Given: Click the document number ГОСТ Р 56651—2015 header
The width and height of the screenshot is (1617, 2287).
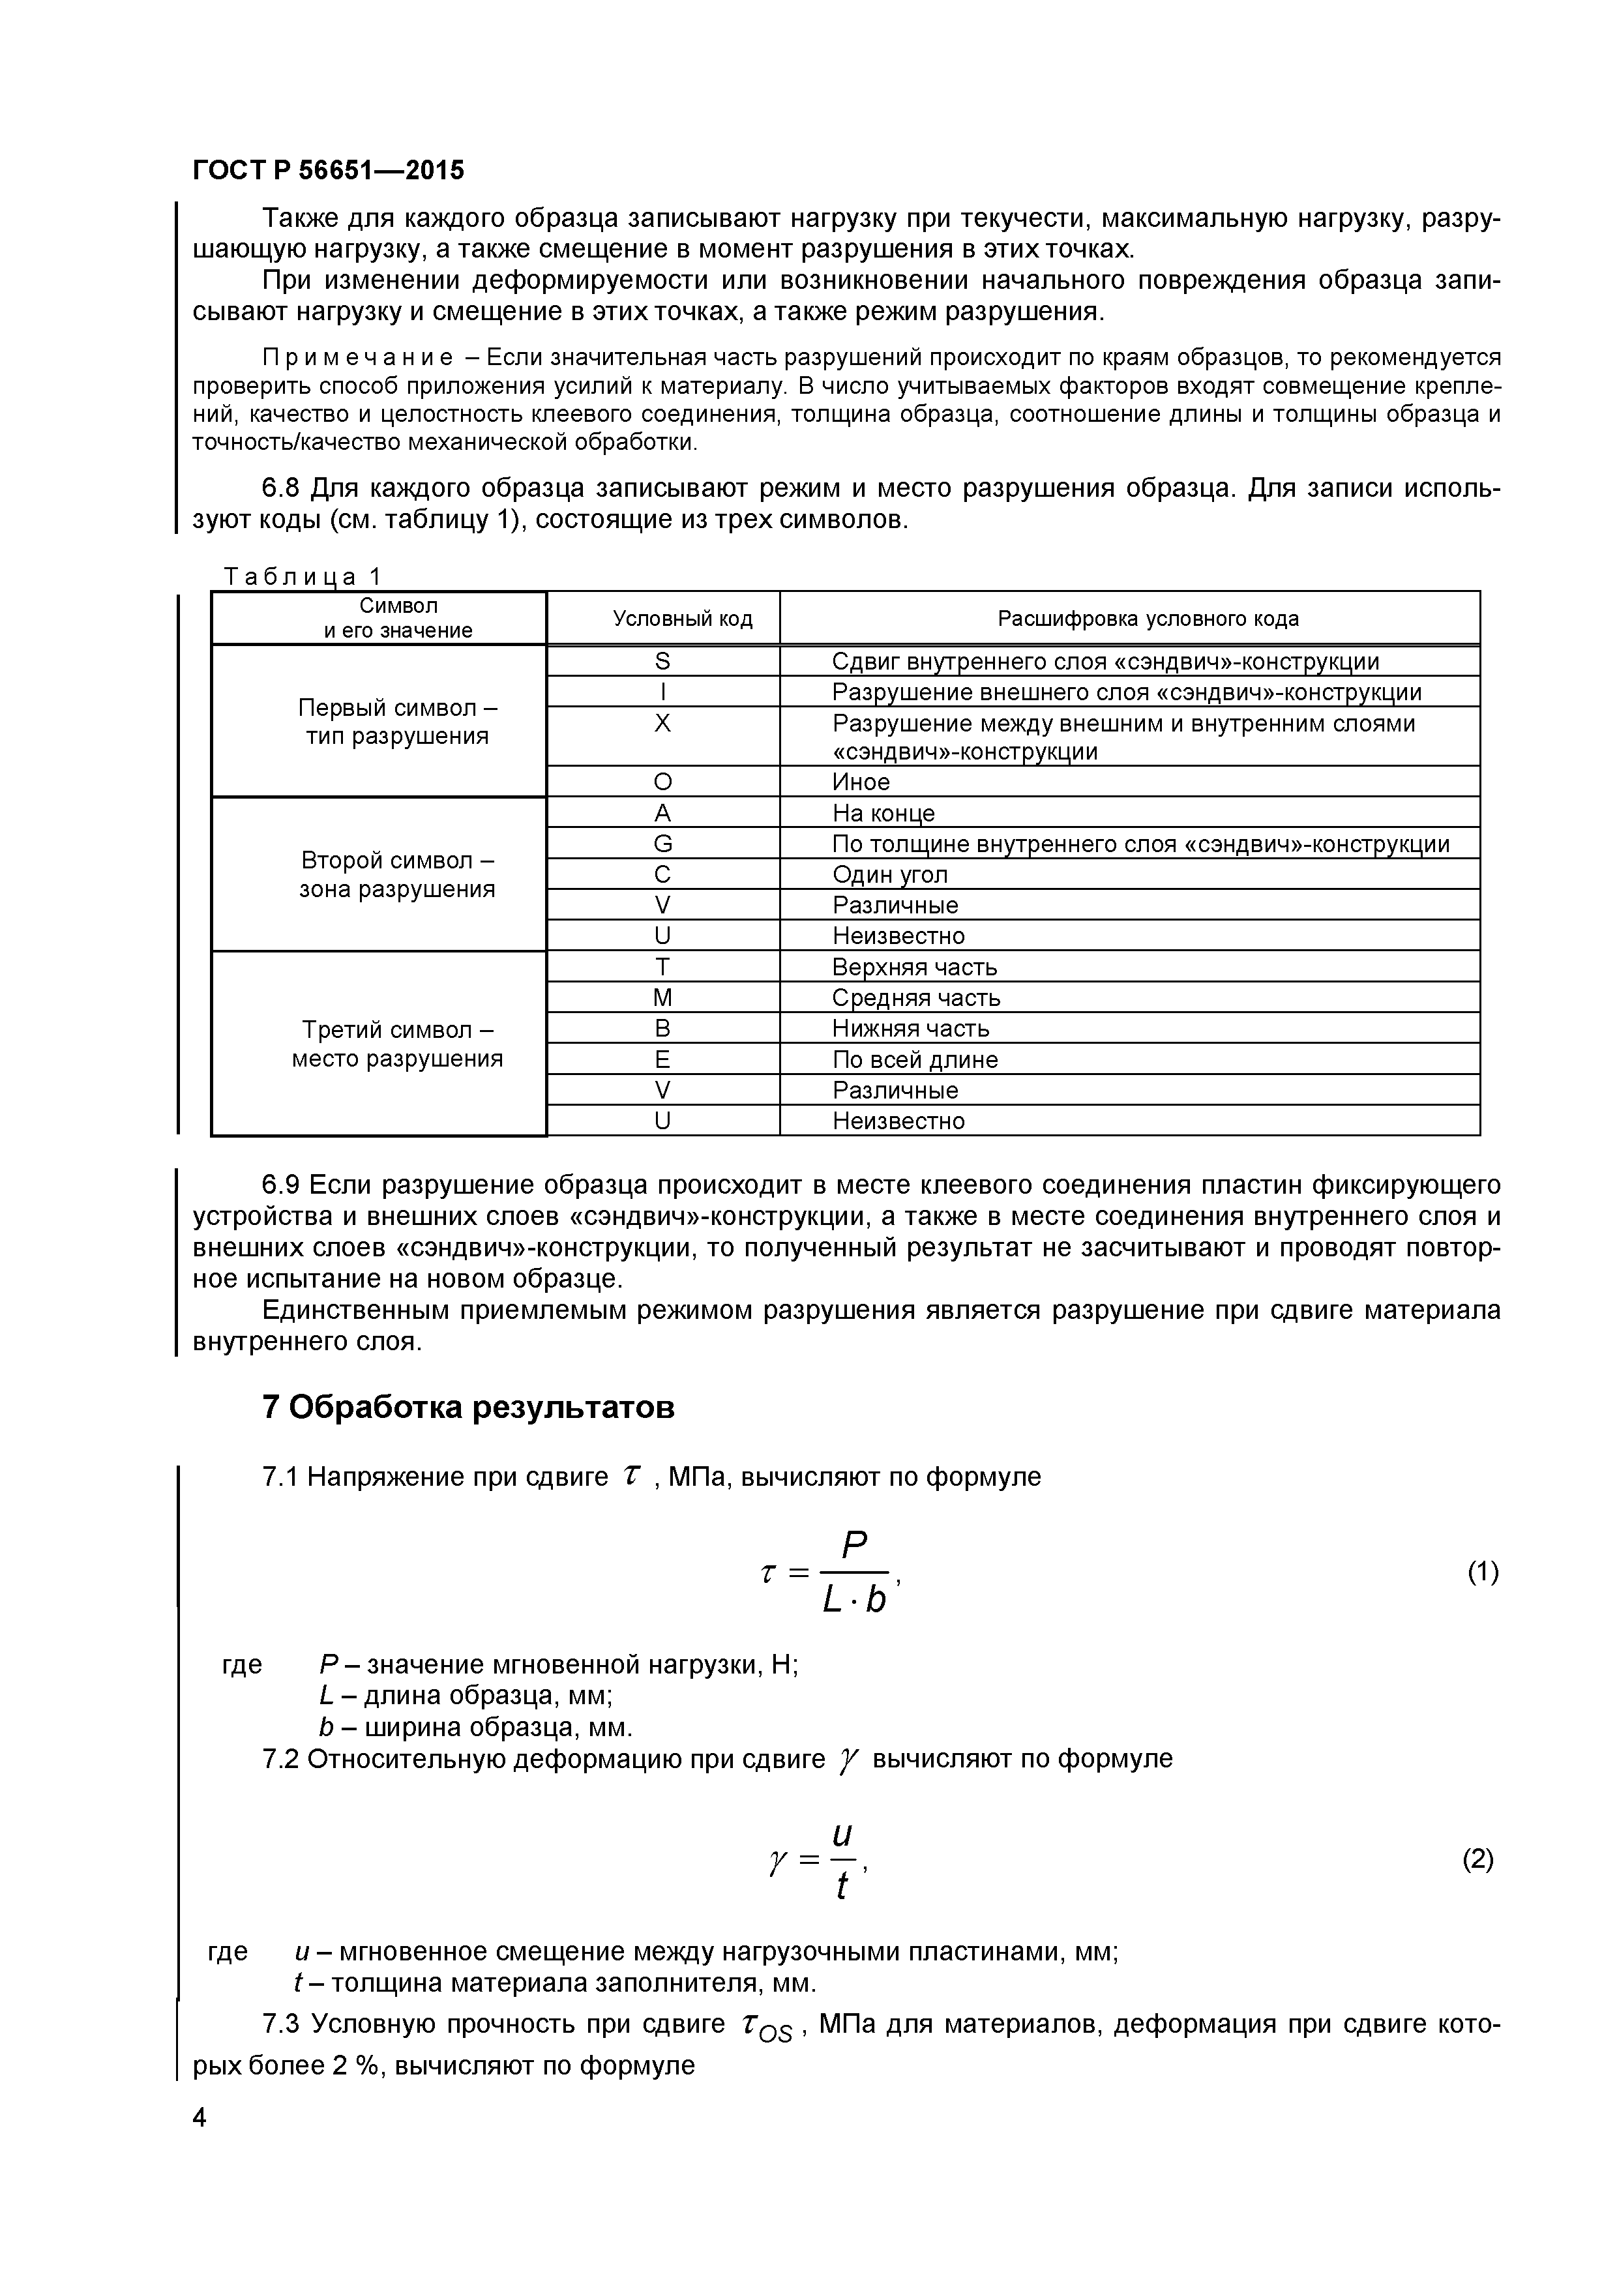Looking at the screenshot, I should (x=328, y=170).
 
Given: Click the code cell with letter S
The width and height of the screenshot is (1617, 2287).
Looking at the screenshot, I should (x=662, y=662).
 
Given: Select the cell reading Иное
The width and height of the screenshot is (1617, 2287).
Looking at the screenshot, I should (x=861, y=782).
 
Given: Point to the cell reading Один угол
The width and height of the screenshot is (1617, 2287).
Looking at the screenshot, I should (x=890, y=874).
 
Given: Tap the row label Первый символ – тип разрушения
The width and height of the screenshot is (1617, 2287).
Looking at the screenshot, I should (x=398, y=722).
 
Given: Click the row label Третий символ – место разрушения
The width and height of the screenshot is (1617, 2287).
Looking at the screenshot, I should (x=398, y=1044).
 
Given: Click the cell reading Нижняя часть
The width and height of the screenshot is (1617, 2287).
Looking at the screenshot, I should (x=911, y=1029).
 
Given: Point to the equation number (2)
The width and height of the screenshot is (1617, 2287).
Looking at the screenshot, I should (x=1477, y=1859).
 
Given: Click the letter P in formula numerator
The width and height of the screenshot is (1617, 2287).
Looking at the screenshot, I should (x=854, y=1546).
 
